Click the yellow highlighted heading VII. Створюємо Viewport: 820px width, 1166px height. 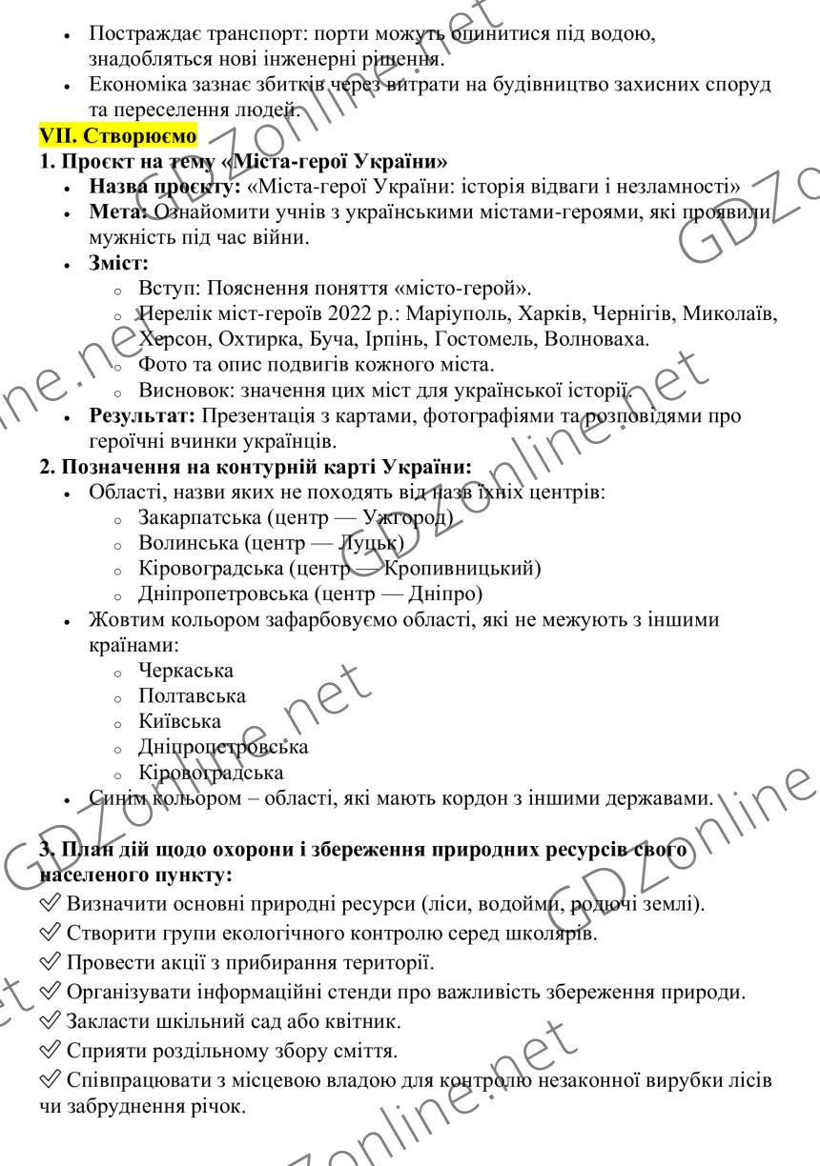coord(117,135)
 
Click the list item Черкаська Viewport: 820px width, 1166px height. coord(186,672)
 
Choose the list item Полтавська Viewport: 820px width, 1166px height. coord(192,696)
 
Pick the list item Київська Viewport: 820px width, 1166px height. coord(179,722)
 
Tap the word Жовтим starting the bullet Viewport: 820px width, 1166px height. coord(125,620)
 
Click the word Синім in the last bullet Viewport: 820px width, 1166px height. coord(116,798)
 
